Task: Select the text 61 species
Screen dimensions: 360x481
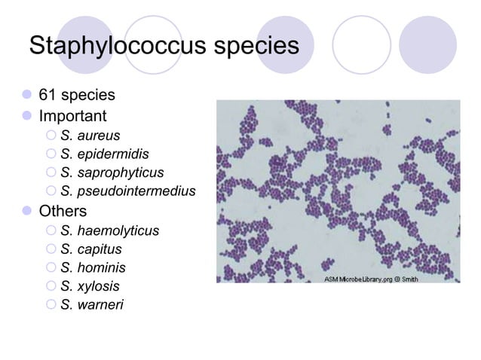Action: (77, 96)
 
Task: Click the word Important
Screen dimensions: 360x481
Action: (73, 117)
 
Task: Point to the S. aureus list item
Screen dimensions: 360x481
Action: (90, 136)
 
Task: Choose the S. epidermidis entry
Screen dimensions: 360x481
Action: (104, 155)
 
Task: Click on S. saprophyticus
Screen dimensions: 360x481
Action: (112, 174)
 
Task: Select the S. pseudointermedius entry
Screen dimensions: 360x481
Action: (127, 192)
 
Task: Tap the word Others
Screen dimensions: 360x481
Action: (63, 211)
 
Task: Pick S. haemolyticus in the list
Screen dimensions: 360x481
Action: (109, 230)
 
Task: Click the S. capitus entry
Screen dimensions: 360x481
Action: (90, 249)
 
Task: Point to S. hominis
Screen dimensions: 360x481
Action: (93, 268)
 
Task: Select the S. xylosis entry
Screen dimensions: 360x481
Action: (90, 287)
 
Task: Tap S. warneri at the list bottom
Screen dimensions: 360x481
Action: (93, 305)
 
